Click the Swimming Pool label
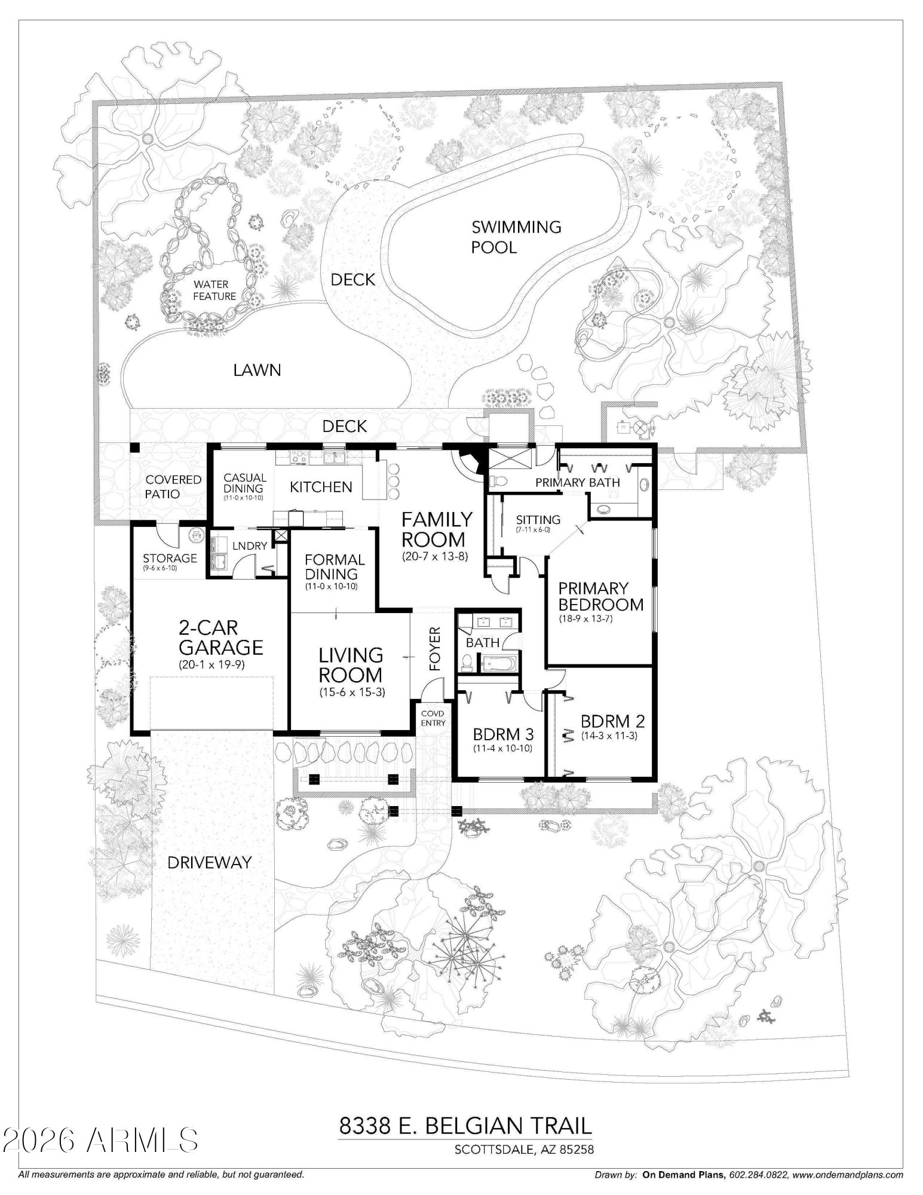(516, 237)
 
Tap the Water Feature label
(214, 290)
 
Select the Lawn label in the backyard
(257, 370)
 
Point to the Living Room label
(350, 665)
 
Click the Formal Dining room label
(334, 567)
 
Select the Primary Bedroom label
(600, 596)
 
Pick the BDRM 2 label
(612, 721)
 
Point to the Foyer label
(435, 648)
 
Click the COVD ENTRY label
(433, 718)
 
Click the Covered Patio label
(173, 487)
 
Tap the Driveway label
(209, 863)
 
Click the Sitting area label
(538, 520)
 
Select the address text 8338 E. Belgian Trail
(465, 1126)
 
